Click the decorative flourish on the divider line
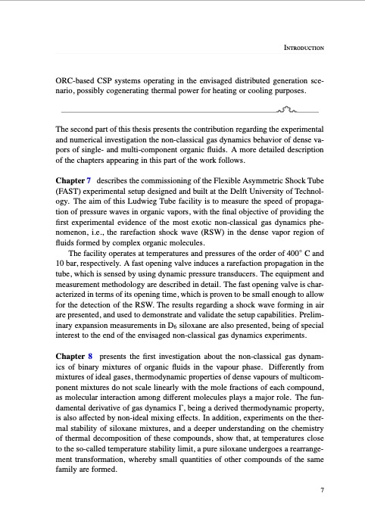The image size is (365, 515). (289, 111)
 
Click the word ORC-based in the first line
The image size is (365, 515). (77, 80)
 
